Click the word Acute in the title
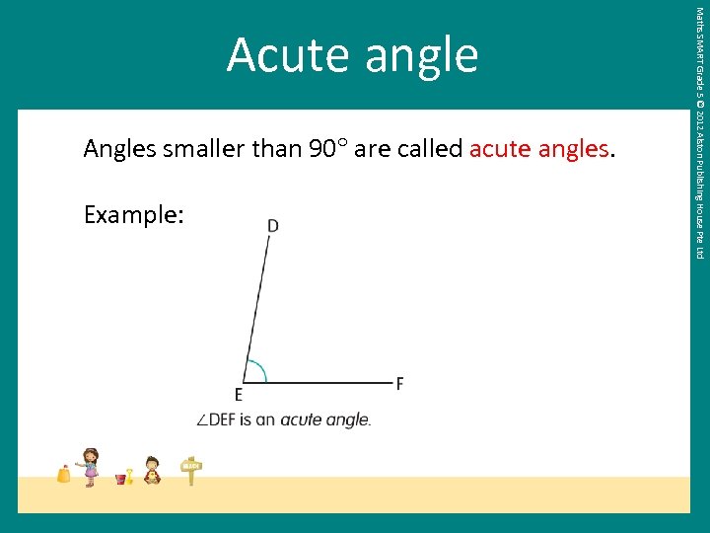click(290, 55)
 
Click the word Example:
click(133, 214)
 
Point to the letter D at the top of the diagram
click(272, 226)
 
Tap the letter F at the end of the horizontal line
click(399, 383)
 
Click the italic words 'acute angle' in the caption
click(325, 419)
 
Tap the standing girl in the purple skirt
click(91, 466)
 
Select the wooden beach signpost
click(191, 471)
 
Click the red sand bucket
click(121, 479)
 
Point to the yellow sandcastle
click(64, 474)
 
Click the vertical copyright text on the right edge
click(699, 133)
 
